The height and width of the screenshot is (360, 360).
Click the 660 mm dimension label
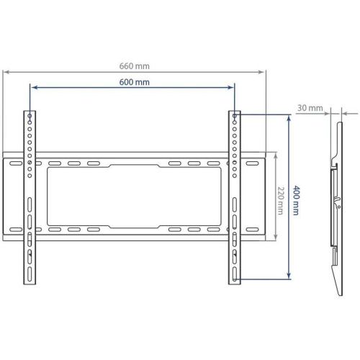click(135, 66)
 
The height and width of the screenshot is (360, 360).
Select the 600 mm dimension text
click(135, 82)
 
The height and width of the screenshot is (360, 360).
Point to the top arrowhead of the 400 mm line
click(289, 115)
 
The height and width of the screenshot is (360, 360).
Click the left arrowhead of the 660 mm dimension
click(6, 71)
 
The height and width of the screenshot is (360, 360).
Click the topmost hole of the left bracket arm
click(29, 115)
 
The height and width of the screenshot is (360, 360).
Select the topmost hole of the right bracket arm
click(235, 115)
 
